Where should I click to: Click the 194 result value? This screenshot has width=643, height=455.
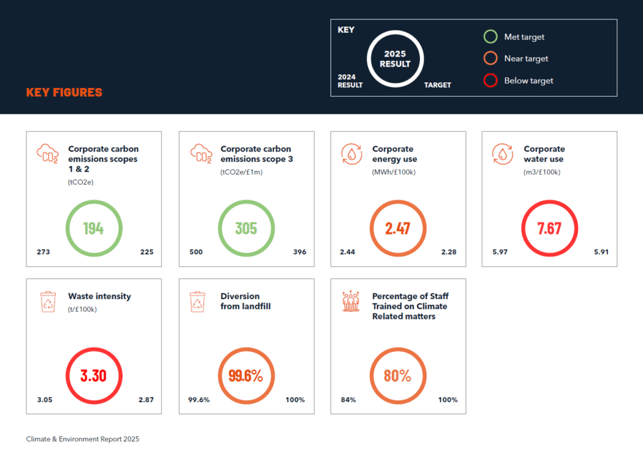(x=94, y=228)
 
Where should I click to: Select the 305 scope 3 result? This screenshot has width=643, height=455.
(x=246, y=228)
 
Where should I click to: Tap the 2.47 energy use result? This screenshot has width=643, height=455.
(x=398, y=228)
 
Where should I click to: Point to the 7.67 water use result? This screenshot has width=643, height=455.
(x=549, y=228)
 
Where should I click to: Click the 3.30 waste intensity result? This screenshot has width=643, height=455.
(x=94, y=376)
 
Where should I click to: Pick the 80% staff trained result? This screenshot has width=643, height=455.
(x=398, y=376)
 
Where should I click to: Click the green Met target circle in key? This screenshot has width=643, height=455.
(x=490, y=37)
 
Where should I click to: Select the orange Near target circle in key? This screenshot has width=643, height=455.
(x=490, y=58)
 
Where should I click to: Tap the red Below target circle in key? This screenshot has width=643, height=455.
(x=490, y=80)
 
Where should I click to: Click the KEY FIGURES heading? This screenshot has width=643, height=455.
(x=64, y=92)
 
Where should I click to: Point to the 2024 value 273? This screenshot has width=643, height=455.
(x=43, y=252)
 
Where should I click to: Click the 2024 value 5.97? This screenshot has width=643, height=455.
(x=500, y=252)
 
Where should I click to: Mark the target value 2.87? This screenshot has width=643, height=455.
(x=146, y=400)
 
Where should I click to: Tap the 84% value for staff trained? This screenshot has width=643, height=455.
(x=349, y=400)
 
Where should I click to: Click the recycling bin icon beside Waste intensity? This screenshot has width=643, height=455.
(x=48, y=301)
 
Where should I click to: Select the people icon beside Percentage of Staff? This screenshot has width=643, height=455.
(x=351, y=302)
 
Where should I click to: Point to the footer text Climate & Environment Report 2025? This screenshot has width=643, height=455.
(x=83, y=439)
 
